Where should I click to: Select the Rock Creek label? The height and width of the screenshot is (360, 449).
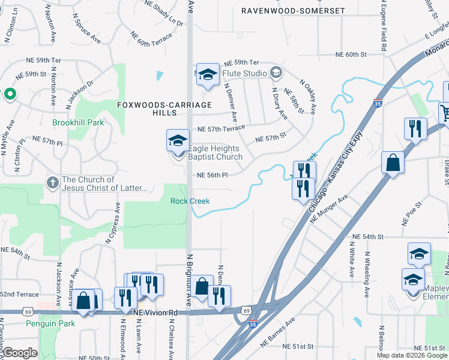[190, 201]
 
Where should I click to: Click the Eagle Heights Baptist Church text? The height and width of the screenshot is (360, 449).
[215, 152]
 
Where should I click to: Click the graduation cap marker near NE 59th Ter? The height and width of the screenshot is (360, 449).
[208, 75]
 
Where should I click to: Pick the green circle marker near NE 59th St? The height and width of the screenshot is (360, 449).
[9, 94]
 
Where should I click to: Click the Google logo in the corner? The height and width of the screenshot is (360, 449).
[20, 353]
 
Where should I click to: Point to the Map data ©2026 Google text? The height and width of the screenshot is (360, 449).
[411, 355]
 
